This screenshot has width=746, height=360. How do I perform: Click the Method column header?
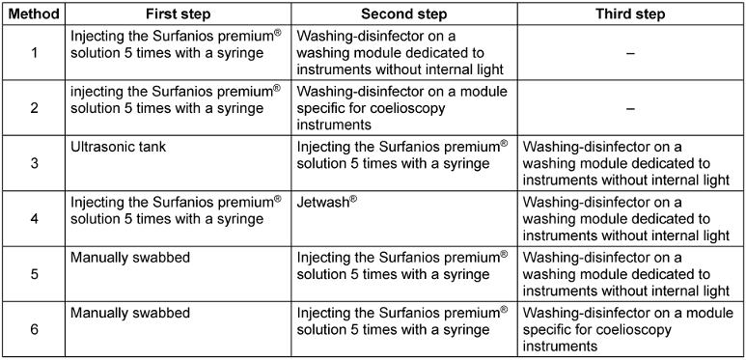pyautogui.click(x=34, y=14)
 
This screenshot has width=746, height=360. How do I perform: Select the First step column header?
pyautogui.click(x=178, y=14)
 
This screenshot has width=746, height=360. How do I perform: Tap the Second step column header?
pyautogui.click(x=404, y=14)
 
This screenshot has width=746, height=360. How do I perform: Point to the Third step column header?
pyautogui.click(x=630, y=14)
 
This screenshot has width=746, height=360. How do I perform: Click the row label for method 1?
pyautogui.click(x=34, y=52)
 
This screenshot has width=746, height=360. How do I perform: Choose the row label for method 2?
pyautogui.click(x=34, y=107)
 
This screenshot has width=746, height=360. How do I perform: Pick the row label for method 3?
pyautogui.click(x=34, y=163)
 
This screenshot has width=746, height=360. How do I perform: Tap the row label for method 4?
pyautogui.click(x=34, y=219)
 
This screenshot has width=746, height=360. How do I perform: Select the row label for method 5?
pyautogui.click(x=34, y=274)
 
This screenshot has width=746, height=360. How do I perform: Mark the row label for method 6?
pyautogui.click(x=34, y=329)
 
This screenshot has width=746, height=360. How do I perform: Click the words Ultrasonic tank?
pyautogui.click(x=119, y=147)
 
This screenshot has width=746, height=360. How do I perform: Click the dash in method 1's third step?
pyautogui.click(x=630, y=53)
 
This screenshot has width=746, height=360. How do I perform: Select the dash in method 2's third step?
pyautogui.click(x=630, y=108)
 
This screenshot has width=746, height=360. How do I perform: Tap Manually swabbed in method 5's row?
pyautogui.click(x=130, y=258)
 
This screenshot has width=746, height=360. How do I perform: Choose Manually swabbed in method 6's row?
pyautogui.click(x=130, y=313)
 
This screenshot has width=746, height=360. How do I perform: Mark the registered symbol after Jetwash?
pyautogui.click(x=353, y=200)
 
